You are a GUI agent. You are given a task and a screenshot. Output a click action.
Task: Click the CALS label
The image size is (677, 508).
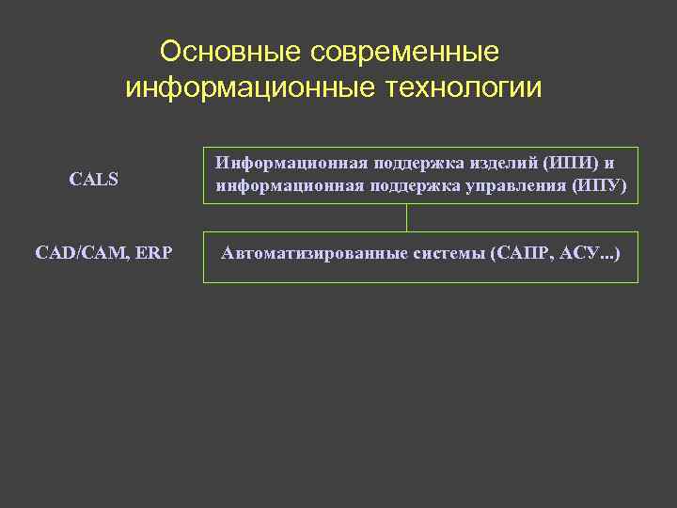(94, 179)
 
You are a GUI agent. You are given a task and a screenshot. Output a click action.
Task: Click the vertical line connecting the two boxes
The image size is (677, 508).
(406, 218)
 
